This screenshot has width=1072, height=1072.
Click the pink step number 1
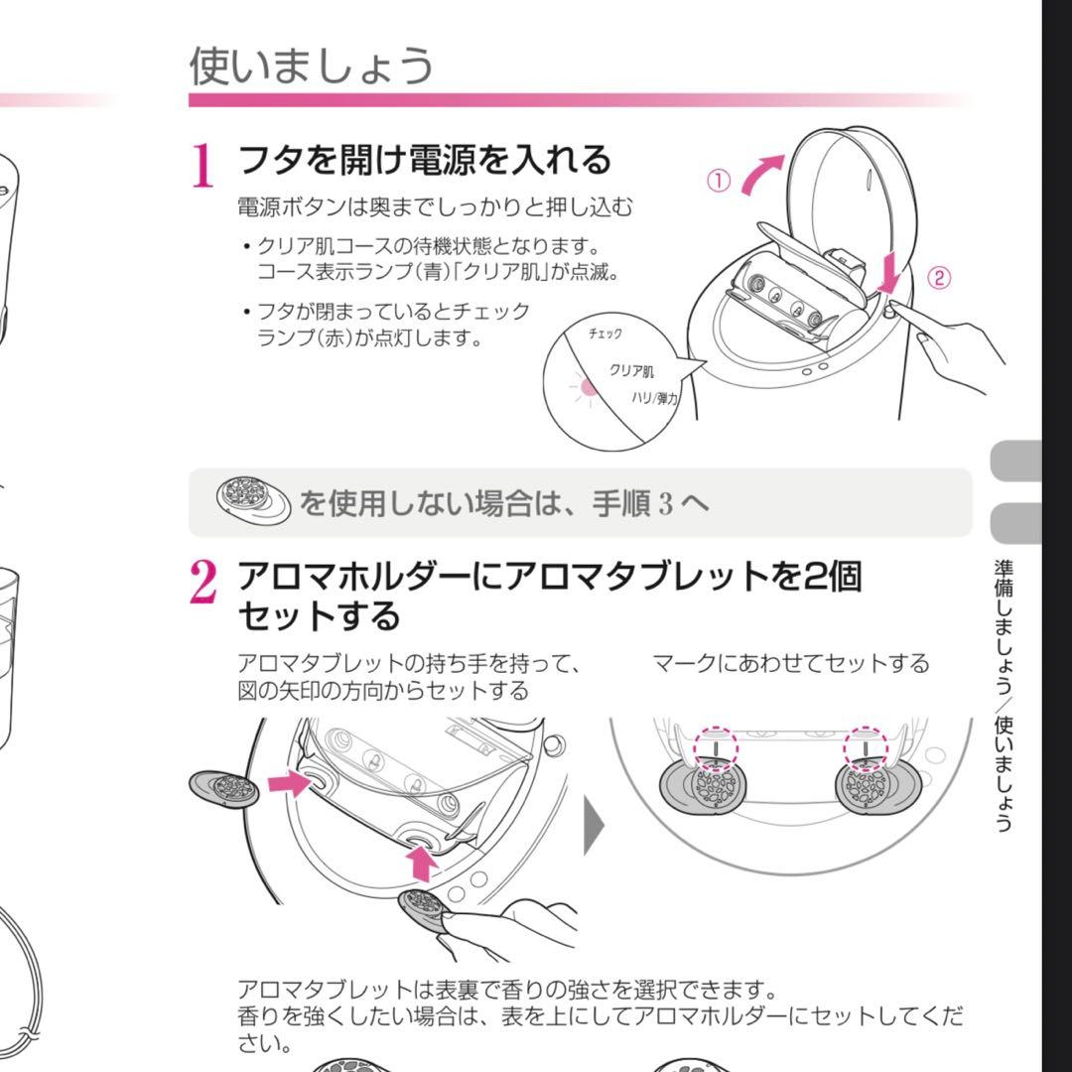202,165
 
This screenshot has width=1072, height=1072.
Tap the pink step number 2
203,582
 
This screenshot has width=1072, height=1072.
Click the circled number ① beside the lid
718,182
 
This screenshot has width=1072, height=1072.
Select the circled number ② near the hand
939,278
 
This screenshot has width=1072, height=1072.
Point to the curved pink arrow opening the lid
760,174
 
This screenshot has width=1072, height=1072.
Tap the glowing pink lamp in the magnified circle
588,388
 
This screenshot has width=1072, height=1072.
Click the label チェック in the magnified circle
605,334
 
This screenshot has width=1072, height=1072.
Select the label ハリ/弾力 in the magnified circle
654,397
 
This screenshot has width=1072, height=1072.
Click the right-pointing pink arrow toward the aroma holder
290,783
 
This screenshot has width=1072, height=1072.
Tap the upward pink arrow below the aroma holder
421,864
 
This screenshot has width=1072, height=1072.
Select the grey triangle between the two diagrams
594,825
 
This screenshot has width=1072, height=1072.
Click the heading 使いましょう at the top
311,67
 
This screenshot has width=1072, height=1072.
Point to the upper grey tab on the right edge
1016,462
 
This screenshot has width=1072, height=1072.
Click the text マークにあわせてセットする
790,663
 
